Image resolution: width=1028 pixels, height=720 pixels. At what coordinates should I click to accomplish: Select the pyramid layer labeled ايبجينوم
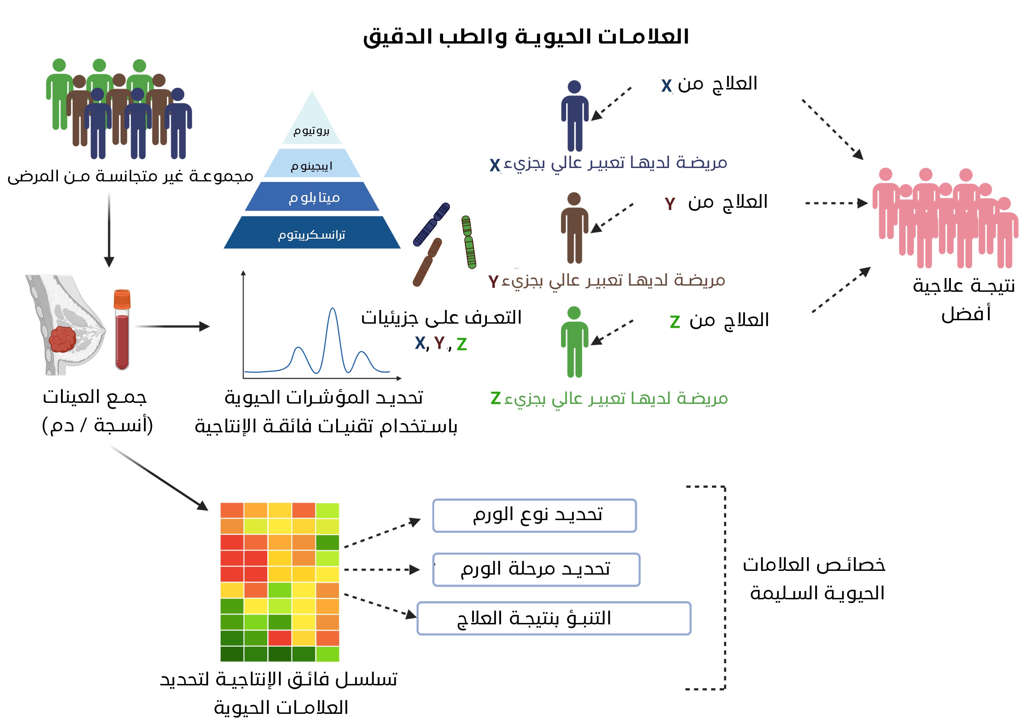pos(311,165)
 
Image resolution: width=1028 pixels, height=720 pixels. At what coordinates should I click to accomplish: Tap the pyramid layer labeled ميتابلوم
pos(313,197)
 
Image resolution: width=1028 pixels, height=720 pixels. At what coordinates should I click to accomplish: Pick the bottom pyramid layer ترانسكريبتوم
pos(311,234)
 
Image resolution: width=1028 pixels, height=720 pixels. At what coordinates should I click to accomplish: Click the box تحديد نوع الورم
pos(534,515)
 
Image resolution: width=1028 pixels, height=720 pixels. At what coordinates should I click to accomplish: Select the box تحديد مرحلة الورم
pos(536,569)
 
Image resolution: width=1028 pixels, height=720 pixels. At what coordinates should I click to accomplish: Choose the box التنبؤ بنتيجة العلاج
pos(554,618)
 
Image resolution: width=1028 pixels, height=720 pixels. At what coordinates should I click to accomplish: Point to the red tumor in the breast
pos(63,339)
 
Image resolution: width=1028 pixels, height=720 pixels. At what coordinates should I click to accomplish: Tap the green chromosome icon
pos(469,242)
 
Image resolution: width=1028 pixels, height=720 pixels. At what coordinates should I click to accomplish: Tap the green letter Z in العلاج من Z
pos(674,322)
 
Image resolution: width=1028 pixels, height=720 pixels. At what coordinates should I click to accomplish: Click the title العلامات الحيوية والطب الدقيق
pos(526,37)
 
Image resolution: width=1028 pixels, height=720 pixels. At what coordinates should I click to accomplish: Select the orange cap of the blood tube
pos(122,299)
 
